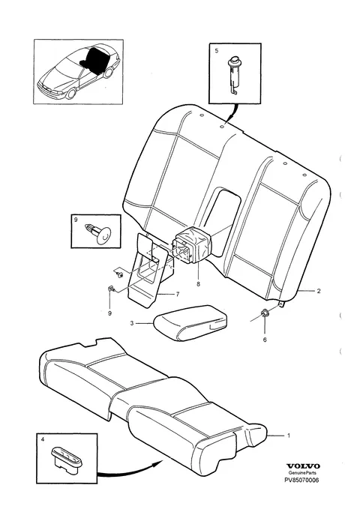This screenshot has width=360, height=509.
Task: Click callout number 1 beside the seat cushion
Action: click(289, 436)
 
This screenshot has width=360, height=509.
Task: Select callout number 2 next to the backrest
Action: click(319, 291)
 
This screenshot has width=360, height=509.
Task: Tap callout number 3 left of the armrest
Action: click(131, 323)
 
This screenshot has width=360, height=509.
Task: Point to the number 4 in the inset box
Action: click(43, 439)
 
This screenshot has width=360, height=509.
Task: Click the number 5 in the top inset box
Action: click(217, 51)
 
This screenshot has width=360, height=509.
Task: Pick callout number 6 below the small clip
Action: click(265, 340)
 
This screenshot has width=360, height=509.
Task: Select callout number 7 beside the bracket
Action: click(178, 295)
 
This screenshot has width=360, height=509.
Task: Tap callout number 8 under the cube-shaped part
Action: click(198, 284)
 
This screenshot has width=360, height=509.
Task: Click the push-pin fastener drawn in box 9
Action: click(97, 233)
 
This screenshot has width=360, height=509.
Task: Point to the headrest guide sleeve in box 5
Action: click(233, 75)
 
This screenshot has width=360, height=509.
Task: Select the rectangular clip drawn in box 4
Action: click(67, 458)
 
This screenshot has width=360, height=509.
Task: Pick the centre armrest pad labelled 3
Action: click(190, 322)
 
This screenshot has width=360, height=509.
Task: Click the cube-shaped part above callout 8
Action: click(192, 244)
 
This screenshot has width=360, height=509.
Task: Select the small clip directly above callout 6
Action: click(264, 313)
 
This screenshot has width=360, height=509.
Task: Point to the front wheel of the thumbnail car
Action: click(70, 94)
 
